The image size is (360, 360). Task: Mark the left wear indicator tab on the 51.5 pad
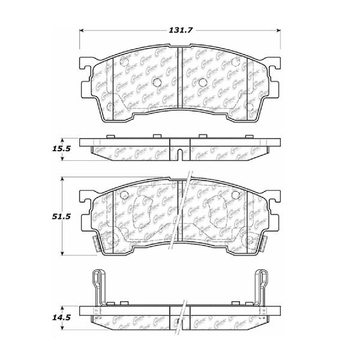click(97, 243)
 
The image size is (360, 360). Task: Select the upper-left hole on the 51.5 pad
click(124, 196)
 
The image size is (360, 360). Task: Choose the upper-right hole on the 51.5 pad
click(235, 196)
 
